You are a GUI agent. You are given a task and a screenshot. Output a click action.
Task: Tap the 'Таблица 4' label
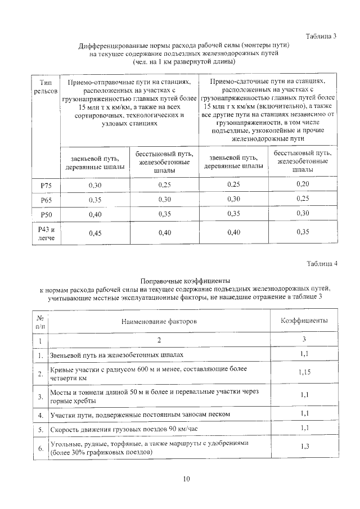click(x=321, y=264)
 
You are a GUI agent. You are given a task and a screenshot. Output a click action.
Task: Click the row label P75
click(x=46, y=185)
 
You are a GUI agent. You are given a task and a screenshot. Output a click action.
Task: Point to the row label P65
click(x=46, y=200)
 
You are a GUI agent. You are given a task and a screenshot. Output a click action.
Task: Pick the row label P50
click(x=46, y=214)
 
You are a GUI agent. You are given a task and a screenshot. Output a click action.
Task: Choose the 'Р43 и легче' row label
click(x=46, y=233)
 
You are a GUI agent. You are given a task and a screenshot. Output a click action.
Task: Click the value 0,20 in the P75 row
click(x=303, y=184)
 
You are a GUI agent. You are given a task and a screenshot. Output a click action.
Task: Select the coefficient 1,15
click(x=304, y=373)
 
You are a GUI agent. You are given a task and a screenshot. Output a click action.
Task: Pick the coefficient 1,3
click(x=304, y=447)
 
